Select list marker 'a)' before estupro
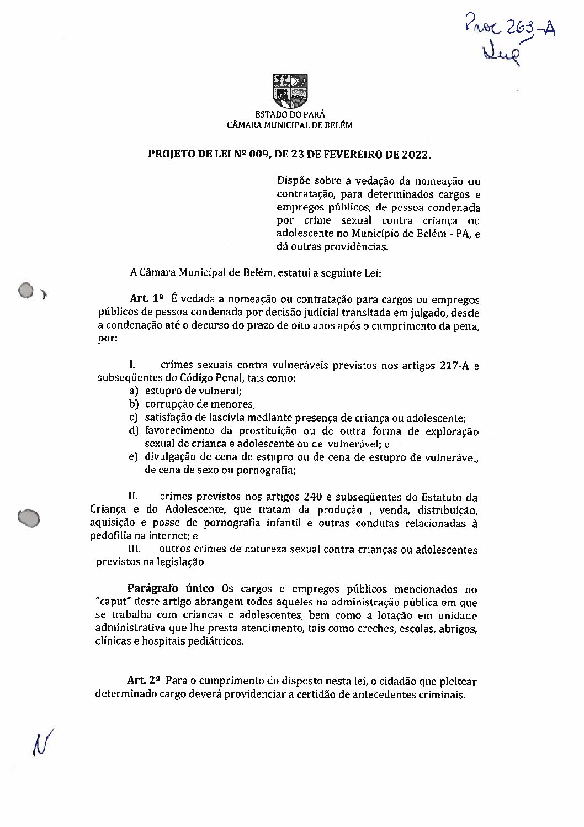click(133, 392)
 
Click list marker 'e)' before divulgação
click(133, 458)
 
